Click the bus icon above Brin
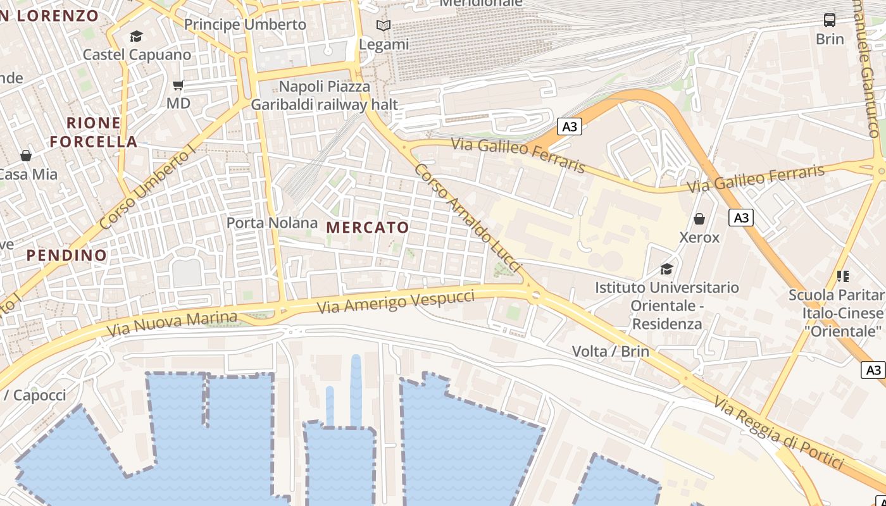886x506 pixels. (829, 20)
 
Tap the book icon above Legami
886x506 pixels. (384, 26)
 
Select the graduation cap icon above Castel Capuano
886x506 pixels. (136, 36)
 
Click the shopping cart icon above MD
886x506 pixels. (178, 85)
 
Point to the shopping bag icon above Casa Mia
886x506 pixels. (26, 155)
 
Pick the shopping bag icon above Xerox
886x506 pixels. (699, 219)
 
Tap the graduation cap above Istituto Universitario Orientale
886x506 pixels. (666, 269)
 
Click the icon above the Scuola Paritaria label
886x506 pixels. (842, 276)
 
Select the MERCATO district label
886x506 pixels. (368, 228)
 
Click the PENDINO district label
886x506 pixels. (66, 256)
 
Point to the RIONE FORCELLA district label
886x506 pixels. (94, 132)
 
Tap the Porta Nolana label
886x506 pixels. (272, 223)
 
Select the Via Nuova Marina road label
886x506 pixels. (172, 323)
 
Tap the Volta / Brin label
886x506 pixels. (610, 351)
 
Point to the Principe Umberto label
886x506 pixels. (245, 25)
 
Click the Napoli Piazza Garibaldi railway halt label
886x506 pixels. (325, 96)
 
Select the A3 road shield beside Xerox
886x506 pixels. (740, 218)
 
